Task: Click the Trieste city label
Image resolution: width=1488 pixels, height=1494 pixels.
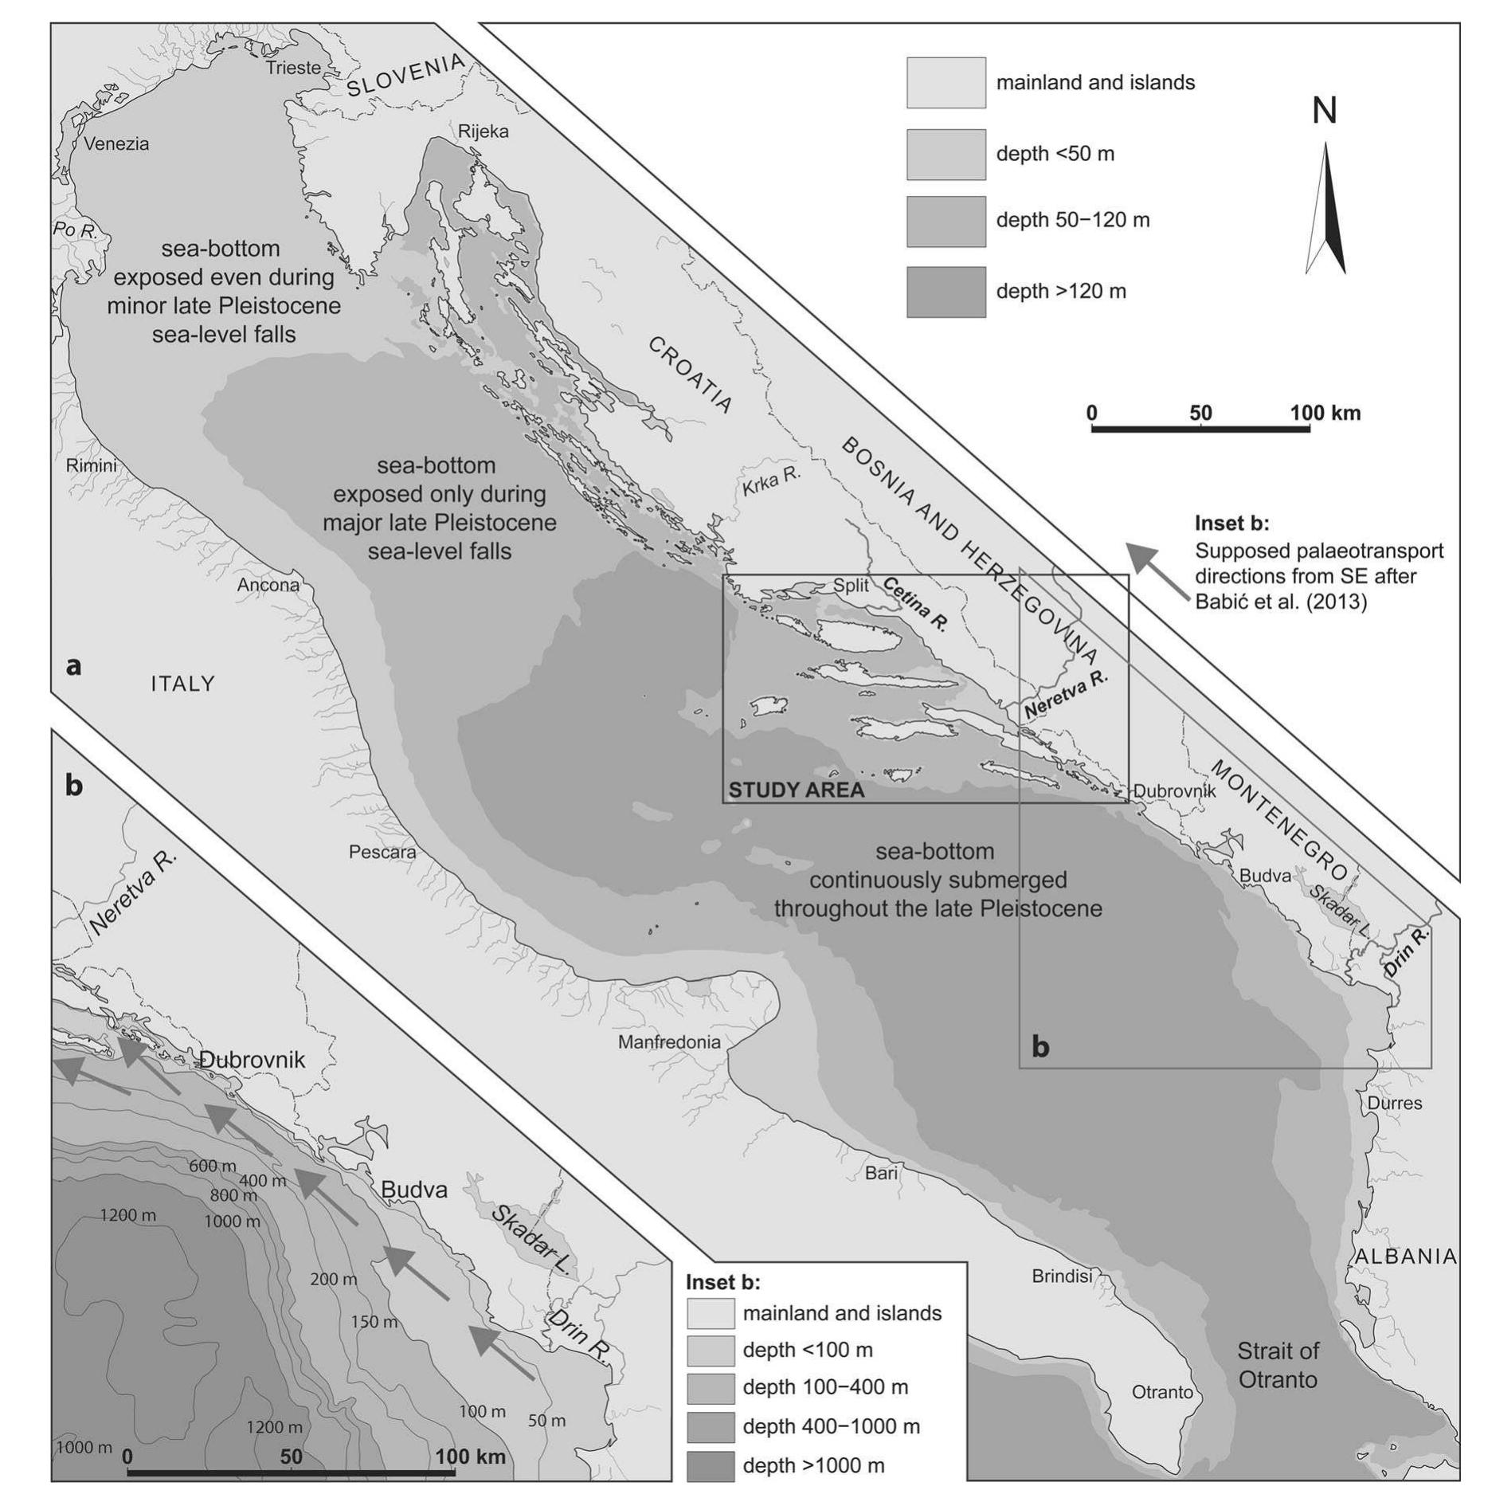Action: [293, 68]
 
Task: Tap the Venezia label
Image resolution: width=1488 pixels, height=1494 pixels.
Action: [116, 144]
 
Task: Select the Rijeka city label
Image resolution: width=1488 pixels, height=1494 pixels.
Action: [483, 131]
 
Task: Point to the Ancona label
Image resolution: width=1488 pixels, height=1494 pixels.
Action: [268, 585]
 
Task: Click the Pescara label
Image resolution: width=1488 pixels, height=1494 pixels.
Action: [382, 852]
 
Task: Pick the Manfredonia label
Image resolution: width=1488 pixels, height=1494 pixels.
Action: [669, 1041]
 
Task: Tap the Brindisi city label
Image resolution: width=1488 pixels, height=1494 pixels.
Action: [1062, 1276]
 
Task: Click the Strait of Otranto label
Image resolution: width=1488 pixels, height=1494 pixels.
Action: [1278, 1365]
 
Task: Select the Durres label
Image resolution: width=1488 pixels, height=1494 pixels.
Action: [1395, 1103]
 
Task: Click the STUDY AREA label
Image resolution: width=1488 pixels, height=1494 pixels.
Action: [797, 790]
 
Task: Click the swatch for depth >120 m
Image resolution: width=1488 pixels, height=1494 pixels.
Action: [946, 292]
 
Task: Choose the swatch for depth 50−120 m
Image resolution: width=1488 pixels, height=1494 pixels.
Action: [946, 221]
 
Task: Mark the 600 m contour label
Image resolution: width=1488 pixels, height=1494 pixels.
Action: [213, 1166]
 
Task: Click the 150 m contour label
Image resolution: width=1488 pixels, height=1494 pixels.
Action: [374, 1322]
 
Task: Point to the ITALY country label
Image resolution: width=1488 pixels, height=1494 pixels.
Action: [182, 684]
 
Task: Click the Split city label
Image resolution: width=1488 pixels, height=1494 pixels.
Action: [851, 586]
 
